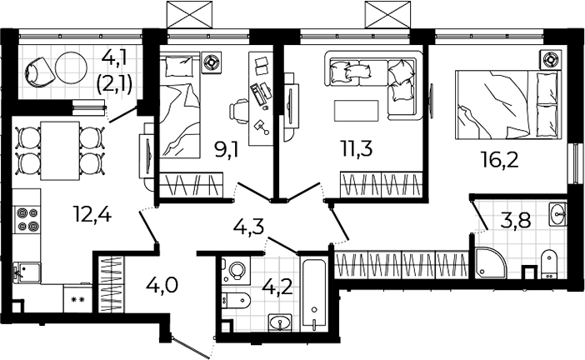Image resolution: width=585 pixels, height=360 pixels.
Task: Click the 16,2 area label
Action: tap(500, 161)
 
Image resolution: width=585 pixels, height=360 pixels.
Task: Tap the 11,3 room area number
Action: tap(357, 149)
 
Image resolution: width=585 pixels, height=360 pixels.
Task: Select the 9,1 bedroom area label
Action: tap(226, 149)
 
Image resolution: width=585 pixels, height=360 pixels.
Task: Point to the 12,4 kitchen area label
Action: tap(92, 215)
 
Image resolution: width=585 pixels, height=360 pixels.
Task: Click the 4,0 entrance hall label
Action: tap(162, 286)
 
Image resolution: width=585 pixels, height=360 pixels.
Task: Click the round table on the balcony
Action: tap(71, 67)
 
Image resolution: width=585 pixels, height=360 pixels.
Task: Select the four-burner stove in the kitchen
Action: tap(27, 219)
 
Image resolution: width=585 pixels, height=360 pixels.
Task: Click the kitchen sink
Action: tap(27, 272)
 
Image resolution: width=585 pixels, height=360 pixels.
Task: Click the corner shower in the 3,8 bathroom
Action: tap(491, 262)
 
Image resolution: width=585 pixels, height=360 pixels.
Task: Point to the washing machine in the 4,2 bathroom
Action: tap(236, 270)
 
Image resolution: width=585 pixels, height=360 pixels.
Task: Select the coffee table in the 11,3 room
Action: tap(357, 111)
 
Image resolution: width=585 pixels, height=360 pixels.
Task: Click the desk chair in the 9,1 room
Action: tap(239, 111)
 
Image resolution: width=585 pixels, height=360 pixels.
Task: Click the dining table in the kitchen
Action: tap(60, 151)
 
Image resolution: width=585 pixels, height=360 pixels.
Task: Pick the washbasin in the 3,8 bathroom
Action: tap(557, 214)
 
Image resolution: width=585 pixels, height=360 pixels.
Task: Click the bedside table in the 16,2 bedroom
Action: tap(550, 60)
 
